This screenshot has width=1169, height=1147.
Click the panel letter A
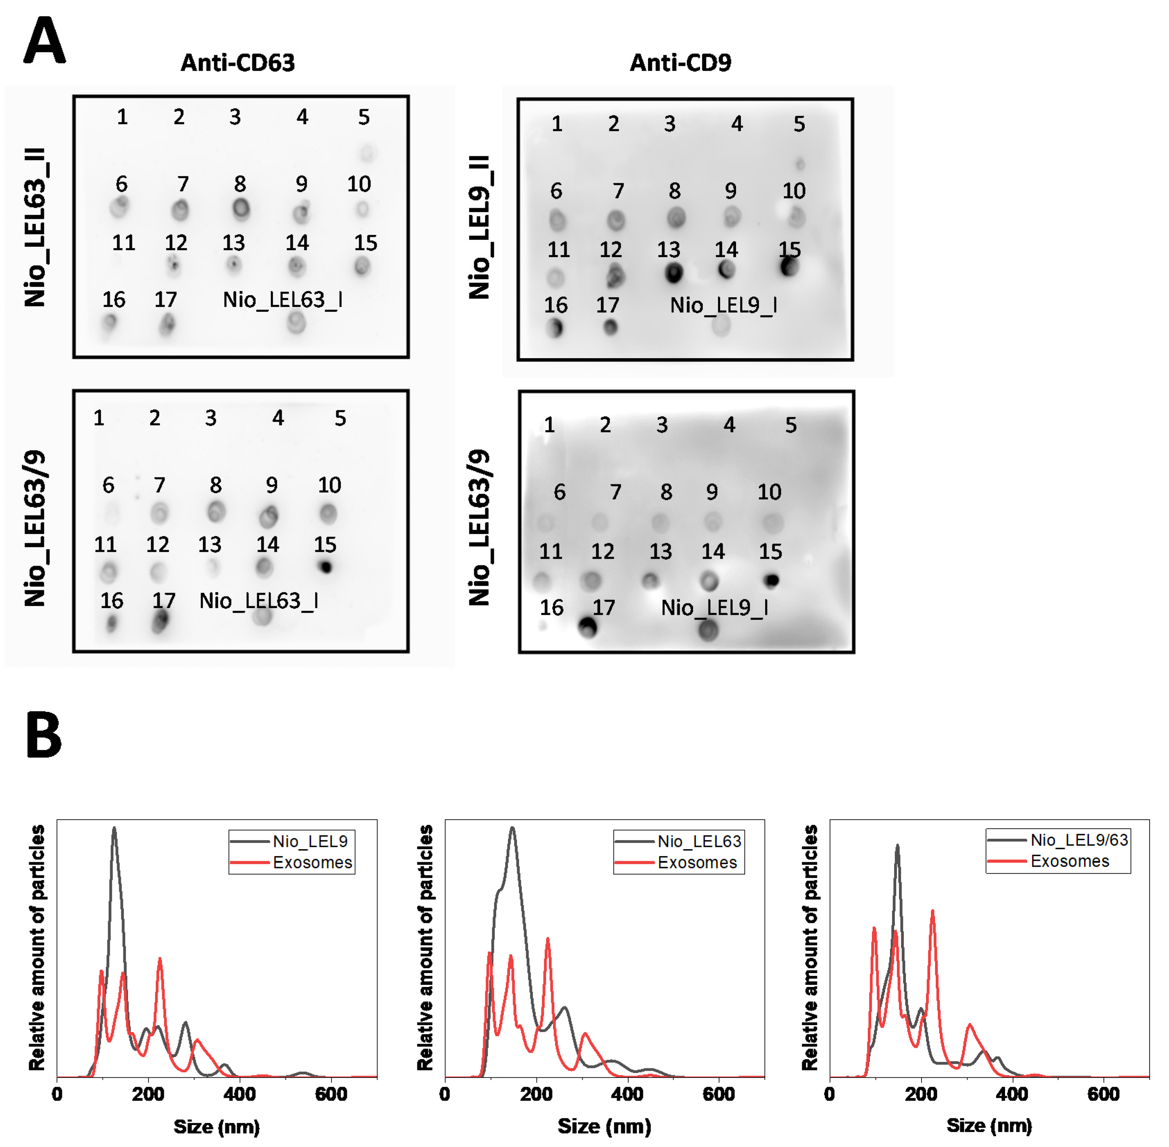[44, 41]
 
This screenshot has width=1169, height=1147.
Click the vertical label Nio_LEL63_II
[35, 227]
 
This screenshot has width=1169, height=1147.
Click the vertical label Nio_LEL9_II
[480, 227]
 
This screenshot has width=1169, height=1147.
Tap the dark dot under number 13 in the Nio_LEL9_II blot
[673, 273]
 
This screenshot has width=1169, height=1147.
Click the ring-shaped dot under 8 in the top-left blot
[241, 209]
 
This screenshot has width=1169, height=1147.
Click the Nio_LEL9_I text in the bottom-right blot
[714, 607]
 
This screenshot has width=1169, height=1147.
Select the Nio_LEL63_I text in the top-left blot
[282, 299]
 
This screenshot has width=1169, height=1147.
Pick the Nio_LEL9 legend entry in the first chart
[309, 841]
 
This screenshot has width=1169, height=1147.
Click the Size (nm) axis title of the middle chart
[604, 1126]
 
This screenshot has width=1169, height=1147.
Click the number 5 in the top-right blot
[799, 124]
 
